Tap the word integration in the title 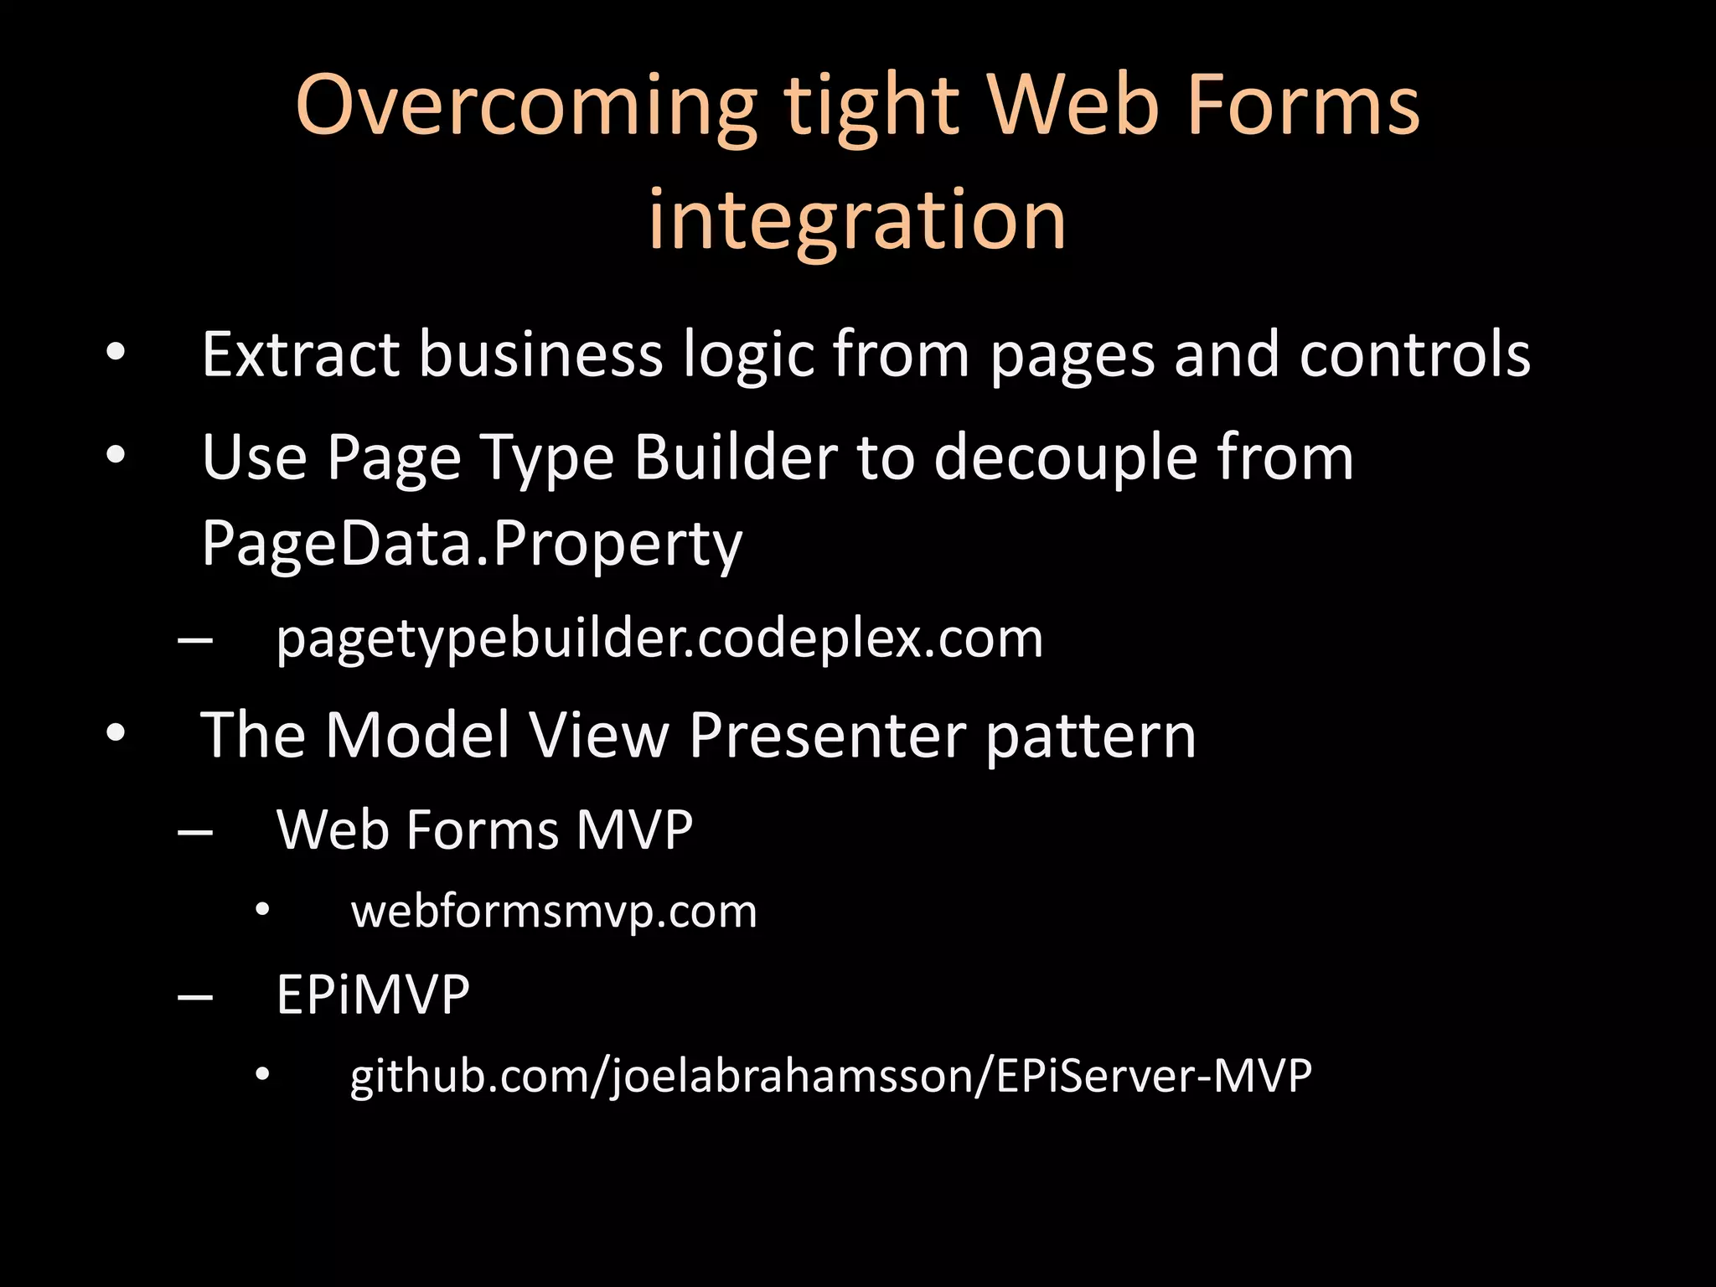pyautogui.click(x=857, y=220)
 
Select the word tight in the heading pyautogui.click(x=871, y=107)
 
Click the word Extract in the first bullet pyautogui.click(x=300, y=355)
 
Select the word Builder pyautogui.click(x=735, y=458)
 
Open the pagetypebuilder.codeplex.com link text pyautogui.click(x=659, y=639)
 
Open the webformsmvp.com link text pyautogui.click(x=554, y=912)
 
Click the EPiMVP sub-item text pyautogui.click(x=373, y=995)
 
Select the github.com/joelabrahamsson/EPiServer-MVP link pyautogui.click(x=830, y=1076)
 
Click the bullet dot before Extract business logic pyautogui.click(x=116, y=353)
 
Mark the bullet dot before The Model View pyautogui.click(x=116, y=733)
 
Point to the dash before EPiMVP pyautogui.click(x=195, y=998)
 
